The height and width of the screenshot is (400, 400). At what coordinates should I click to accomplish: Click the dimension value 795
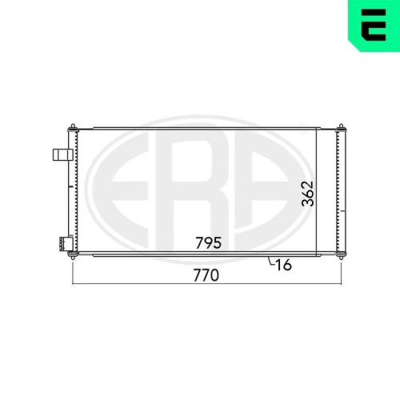coord(208,242)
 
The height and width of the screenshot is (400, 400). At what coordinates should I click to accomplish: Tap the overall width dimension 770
coord(206,275)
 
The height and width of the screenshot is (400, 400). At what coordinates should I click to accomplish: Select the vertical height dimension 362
coord(307,194)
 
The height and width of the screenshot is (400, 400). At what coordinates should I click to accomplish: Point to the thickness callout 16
coord(283,265)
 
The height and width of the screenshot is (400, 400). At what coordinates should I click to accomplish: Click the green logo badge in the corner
coord(374,26)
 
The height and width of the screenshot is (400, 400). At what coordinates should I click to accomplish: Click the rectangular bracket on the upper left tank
coord(63,155)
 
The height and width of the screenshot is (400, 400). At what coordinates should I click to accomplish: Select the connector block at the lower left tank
coord(66,244)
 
